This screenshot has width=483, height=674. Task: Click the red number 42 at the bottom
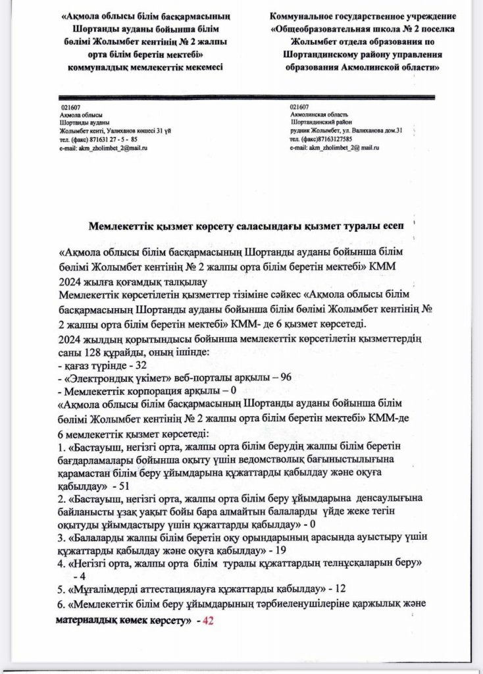(x=209, y=620)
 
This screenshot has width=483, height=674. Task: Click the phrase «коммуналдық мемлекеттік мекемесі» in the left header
(x=145, y=66)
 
